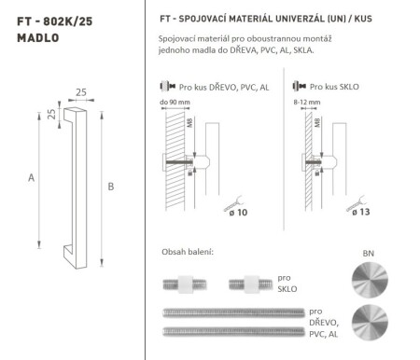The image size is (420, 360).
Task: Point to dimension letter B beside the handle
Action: (110, 187)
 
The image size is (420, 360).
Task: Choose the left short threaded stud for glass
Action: (189, 282)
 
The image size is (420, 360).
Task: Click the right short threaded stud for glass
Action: (258, 282)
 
